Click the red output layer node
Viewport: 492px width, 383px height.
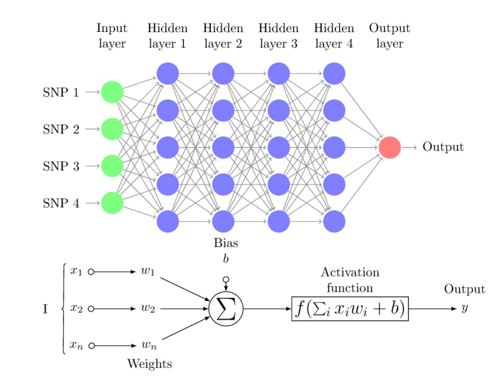pos(389,147)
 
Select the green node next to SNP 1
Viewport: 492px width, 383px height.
pos(112,92)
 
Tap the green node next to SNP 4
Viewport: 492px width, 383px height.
pos(112,203)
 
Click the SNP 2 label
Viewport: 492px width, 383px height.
pos(61,130)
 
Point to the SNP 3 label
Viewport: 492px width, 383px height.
pos(61,166)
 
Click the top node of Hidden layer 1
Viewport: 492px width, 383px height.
pos(168,73)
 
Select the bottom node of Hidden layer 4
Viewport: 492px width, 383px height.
pos(334,221)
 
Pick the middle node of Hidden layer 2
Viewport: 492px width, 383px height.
pos(223,147)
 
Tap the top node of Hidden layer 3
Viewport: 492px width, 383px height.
pos(279,73)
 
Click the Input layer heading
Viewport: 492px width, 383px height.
pos(111,36)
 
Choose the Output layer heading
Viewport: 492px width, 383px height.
pos(389,36)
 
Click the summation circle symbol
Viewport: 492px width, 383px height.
pos(226,309)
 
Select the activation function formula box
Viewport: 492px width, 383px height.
pos(350,309)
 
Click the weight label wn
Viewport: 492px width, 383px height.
pos(148,346)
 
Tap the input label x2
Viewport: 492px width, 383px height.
pos(76,309)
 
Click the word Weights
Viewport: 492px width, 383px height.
pos(150,364)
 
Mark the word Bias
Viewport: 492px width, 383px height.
pos(226,243)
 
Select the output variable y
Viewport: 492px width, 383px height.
pos(464,309)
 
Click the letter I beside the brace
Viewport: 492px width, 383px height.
pos(45,309)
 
